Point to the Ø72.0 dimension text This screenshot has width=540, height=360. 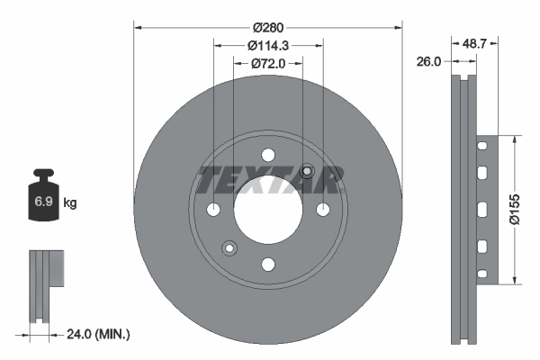267,63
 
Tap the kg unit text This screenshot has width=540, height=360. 69,203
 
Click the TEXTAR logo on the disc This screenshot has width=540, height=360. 268,180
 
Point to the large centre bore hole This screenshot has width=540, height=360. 267,209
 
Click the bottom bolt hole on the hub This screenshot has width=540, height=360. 267,264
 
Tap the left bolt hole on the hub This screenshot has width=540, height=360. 213,210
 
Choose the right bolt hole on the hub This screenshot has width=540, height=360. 322,210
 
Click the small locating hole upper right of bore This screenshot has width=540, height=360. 307,171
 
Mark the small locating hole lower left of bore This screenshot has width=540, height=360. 229,247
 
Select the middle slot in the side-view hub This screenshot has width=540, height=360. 482,209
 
